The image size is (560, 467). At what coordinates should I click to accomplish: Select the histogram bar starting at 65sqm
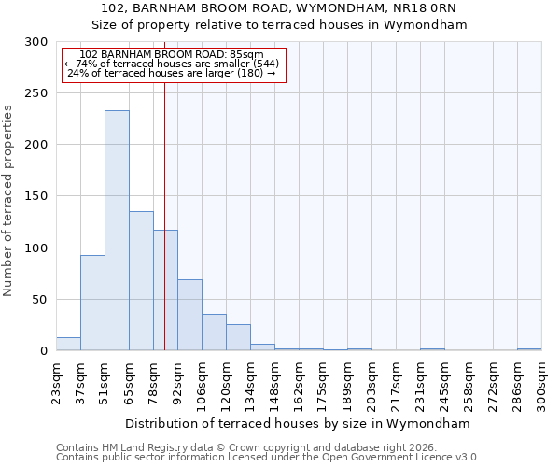(x=141, y=280)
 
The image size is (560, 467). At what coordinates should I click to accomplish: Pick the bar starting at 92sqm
(x=189, y=315)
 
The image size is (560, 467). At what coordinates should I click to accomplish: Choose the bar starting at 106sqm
(x=214, y=332)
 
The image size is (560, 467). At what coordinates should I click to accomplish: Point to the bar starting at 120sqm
(x=238, y=337)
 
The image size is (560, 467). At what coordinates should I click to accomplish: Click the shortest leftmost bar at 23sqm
(x=68, y=344)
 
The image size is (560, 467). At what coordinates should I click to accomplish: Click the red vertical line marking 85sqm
(x=164, y=187)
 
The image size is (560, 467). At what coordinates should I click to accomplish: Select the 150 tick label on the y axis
(x=36, y=196)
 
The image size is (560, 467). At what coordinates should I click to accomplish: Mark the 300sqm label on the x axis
(x=541, y=382)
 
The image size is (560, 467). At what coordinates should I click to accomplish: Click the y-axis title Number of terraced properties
(x=8, y=200)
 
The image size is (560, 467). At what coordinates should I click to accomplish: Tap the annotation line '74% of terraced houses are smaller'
(x=172, y=64)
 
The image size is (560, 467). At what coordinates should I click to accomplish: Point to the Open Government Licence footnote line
(x=268, y=457)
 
